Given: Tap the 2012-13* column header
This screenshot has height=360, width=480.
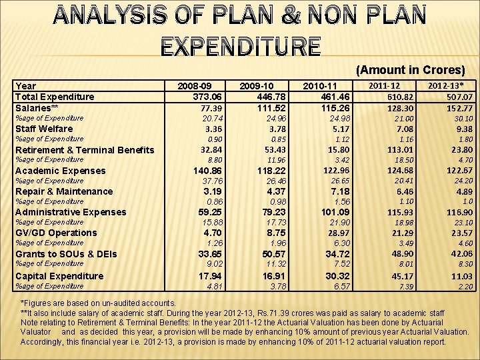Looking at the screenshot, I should [447, 86].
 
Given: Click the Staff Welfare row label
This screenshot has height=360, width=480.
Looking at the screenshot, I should [44, 129].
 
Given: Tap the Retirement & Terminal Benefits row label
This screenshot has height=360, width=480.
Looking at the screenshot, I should [84, 150].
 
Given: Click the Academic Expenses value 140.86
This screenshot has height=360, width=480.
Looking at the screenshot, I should [207, 171].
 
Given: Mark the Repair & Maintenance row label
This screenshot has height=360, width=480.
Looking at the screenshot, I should [64, 191].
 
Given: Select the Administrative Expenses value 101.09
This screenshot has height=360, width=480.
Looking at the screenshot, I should [335, 212].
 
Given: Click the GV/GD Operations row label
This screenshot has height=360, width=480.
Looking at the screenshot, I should [56, 233].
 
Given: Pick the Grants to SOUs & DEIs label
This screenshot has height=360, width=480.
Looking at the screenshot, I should [66, 254].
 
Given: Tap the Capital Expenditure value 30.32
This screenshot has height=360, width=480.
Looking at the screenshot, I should [337, 275].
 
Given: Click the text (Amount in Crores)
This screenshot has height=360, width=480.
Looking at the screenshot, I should [411, 70].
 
